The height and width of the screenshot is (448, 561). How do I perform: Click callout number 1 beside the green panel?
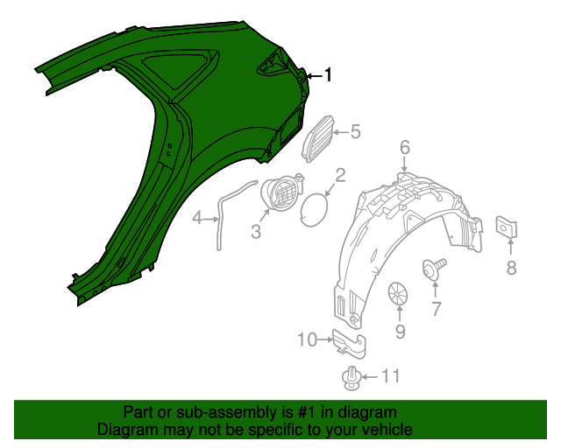[329, 75]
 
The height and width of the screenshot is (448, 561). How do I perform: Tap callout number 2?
[340, 175]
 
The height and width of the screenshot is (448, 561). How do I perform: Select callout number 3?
[256, 232]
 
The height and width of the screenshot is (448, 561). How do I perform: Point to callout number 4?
[198, 218]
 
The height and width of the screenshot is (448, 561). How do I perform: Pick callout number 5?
[355, 132]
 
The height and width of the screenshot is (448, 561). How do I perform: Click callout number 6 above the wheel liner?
[405, 147]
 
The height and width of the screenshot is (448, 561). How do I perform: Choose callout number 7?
[436, 307]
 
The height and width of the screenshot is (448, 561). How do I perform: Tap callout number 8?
[511, 268]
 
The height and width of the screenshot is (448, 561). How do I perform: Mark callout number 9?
[400, 331]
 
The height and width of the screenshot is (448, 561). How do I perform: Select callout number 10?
[308, 339]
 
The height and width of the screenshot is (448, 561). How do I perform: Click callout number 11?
[390, 376]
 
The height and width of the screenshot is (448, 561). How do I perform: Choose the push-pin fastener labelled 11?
[352, 378]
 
